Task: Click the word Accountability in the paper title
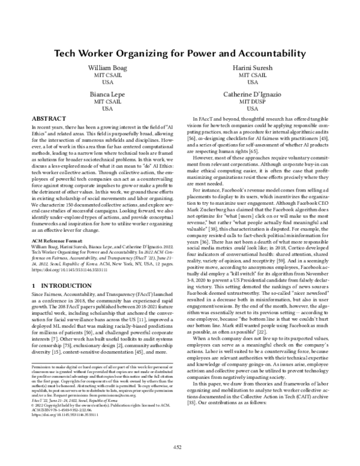pos(253,53)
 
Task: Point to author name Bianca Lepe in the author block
pos(107,95)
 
